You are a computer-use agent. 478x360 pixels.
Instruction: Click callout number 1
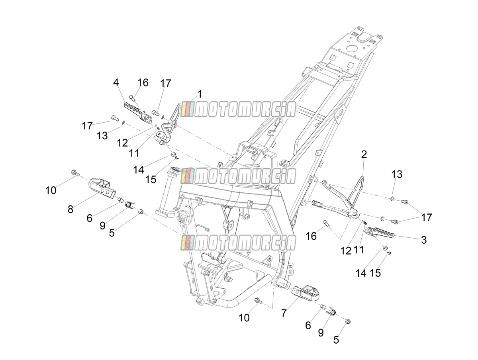(199, 94)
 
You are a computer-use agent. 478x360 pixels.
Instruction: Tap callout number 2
(364, 155)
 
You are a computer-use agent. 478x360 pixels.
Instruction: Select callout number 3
(423, 240)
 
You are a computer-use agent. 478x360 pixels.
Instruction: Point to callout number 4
(116, 82)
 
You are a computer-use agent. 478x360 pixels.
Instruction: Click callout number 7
(284, 313)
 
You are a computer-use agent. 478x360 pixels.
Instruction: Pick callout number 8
(70, 209)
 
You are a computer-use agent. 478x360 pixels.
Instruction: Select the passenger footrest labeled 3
(379, 232)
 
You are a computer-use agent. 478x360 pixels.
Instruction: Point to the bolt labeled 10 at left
(74, 179)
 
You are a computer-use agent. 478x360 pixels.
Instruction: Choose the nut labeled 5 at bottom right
(348, 321)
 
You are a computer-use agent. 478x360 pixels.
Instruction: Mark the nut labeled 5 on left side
(141, 211)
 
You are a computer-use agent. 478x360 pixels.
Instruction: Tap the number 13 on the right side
(397, 174)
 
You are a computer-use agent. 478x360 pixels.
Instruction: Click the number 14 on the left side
(139, 170)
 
